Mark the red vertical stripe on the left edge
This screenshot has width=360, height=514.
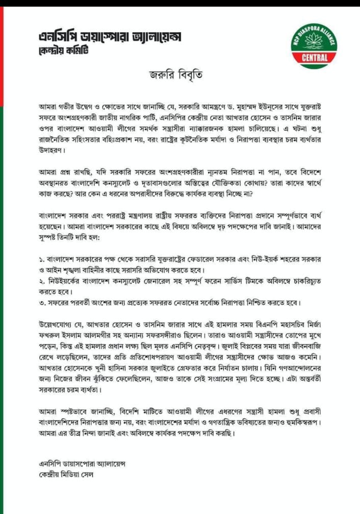click(x=2, y=51)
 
